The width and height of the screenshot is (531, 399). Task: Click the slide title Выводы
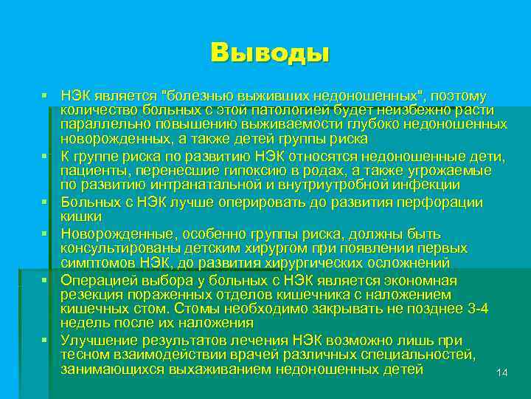pyautogui.click(x=269, y=52)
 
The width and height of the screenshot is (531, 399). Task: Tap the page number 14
pyautogui.click(x=502, y=372)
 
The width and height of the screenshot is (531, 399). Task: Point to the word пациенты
pyautogui.click(x=91, y=169)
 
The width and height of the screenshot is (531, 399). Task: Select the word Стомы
pyautogui.click(x=213, y=308)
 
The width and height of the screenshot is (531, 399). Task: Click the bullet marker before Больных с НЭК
pyautogui.click(x=45, y=202)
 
